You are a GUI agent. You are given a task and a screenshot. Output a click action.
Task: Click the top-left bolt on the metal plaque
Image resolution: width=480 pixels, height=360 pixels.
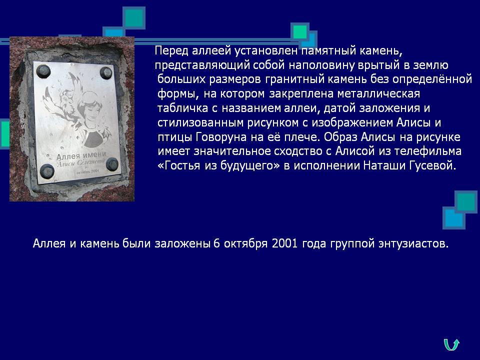[43, 71]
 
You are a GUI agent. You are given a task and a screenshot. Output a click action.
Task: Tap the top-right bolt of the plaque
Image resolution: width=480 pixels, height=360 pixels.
[106, 73]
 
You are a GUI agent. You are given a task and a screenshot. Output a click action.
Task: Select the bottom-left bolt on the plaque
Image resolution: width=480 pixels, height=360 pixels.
[47, 171]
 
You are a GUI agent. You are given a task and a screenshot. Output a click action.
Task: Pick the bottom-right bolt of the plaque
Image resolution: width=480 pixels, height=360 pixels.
[112, 164]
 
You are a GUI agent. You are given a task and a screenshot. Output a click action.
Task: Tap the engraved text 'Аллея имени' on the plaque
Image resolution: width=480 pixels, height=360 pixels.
[81, 155]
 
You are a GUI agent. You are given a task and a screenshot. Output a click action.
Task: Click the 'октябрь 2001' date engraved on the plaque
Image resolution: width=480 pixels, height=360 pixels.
[87, 171]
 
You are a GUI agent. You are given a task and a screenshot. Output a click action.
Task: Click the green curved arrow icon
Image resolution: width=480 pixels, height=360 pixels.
[451, 344]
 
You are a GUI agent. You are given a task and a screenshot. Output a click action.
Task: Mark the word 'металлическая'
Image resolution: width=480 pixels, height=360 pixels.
[378, 93]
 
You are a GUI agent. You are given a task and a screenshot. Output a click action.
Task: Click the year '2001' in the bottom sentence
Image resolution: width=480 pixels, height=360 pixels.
[284, 243]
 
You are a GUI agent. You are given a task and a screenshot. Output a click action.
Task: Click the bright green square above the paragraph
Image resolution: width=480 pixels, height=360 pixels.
[299, 32]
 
